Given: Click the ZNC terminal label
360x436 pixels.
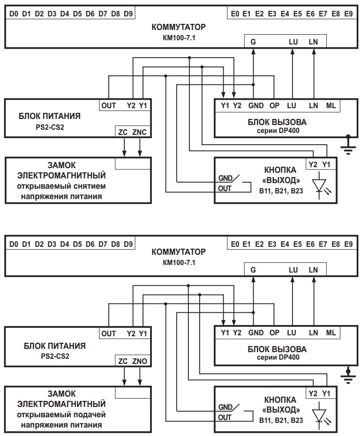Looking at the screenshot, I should point(140,133).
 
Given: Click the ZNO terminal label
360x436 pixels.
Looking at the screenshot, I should point(140,361).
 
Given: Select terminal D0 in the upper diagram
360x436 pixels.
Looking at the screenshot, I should point(14,14).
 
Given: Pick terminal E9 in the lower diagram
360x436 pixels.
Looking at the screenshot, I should point(348,244).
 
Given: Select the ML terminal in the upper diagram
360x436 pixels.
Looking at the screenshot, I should point(331,105).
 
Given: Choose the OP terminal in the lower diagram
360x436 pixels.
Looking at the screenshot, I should point(275,333).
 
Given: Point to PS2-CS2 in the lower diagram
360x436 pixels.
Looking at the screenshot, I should point(55,355).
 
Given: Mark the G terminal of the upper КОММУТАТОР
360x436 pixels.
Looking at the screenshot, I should point(253,42).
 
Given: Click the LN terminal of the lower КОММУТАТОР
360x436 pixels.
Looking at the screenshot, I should point(313,270).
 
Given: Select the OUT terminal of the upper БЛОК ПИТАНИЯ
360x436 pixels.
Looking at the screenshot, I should point(109,105).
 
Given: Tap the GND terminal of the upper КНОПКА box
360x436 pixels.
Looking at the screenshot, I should point(225,178).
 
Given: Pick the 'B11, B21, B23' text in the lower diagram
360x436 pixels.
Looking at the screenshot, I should point(281,421).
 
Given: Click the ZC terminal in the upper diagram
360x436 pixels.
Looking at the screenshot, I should point(123,133).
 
